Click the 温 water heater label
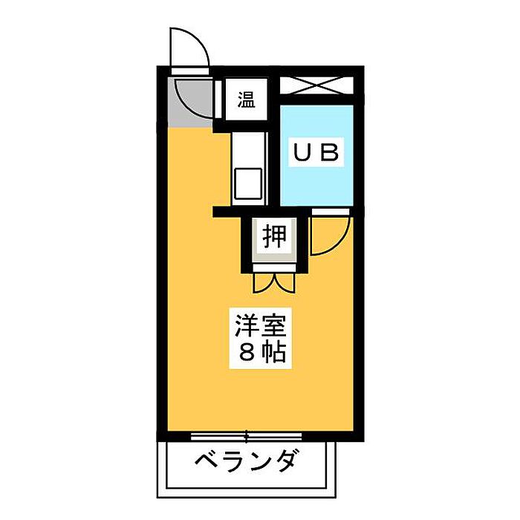[x=246, y=100]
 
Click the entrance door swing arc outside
[x=187, y=48]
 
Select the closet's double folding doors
[x=274, y=282]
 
